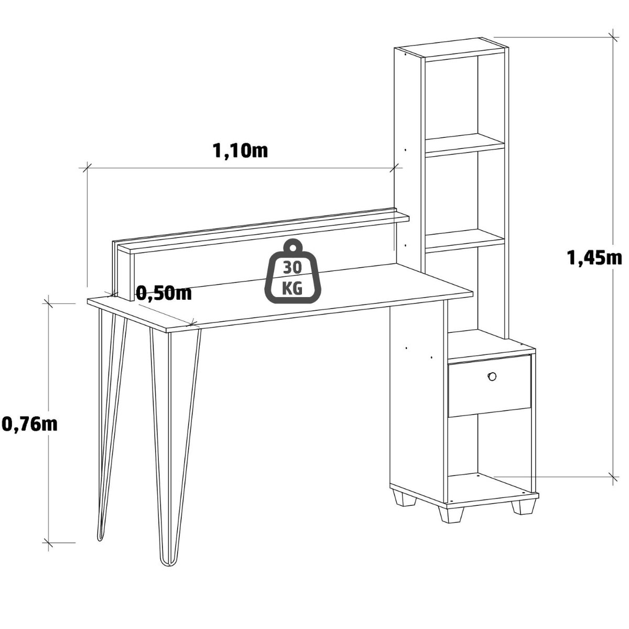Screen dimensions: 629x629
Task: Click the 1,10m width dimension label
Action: click(240, 151)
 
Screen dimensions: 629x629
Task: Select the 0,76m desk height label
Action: click(30, 424)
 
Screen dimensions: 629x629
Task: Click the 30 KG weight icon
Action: click(293, 272)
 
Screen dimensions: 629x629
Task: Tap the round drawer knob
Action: click(492, 376)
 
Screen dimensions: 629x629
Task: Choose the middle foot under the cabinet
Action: click(451, 514)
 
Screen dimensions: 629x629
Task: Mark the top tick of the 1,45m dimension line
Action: click(613, 37)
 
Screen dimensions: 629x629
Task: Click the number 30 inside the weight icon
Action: click(292, 268)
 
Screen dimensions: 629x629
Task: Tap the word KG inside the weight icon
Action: click(292, 289)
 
